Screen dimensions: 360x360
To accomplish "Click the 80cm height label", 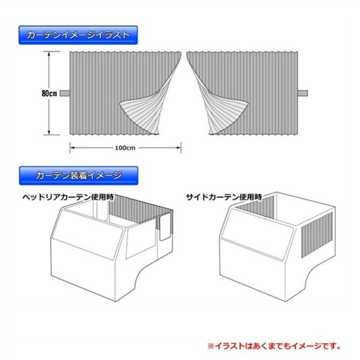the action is tap(49, 94).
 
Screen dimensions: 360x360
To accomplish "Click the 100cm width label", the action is tap(125, 148).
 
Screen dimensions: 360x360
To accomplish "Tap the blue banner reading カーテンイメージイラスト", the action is tap(78, 35).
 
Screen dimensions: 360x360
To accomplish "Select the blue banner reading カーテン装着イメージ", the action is tap(78, 176).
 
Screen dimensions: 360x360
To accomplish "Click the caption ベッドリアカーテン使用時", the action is tap(68, 197).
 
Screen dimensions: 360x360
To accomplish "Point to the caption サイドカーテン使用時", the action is tap(224, 197).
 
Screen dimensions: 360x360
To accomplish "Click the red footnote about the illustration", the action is tap(274, 346).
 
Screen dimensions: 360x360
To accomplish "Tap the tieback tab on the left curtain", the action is tap(65, 93).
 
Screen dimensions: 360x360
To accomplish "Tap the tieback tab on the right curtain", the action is tap(303, 93).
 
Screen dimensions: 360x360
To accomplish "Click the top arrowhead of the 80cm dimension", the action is tap(49, 54).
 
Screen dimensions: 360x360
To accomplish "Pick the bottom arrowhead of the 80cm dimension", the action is tap(49, 132).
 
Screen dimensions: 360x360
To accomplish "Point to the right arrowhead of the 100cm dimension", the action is tap(179, 148).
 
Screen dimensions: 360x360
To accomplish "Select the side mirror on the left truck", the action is tap(165, 227).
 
